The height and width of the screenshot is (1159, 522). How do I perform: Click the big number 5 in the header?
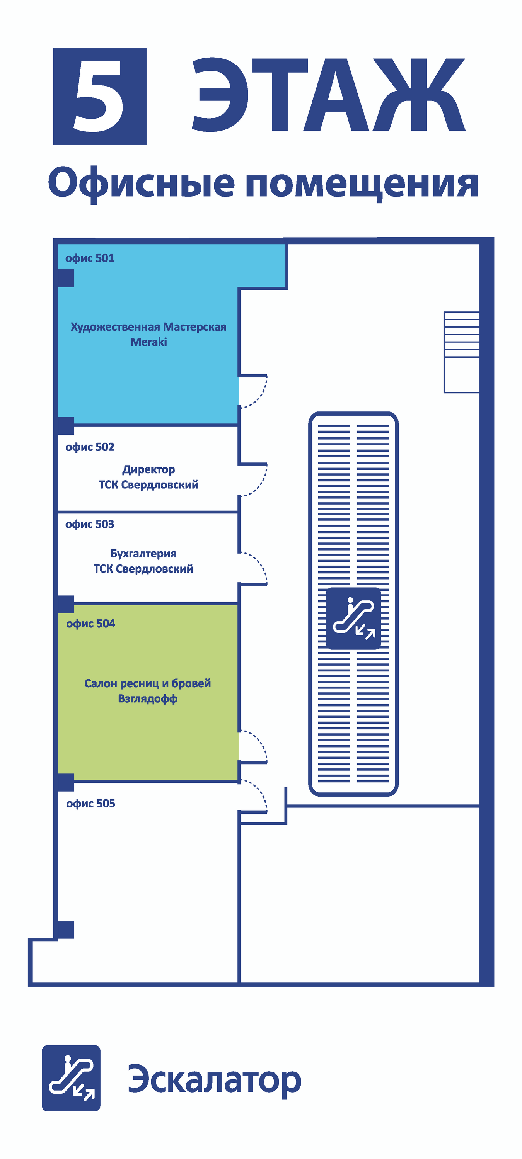pyautogui.click(x=100, y=96)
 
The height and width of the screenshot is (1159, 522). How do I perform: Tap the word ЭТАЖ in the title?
pyautogui.click(x=328, y=95)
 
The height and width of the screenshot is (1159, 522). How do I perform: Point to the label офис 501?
pyautogui.click(x=90, y=258)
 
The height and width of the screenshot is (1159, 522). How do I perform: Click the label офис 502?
pyautogui.click(x=90, y=447)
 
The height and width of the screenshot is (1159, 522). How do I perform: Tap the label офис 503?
pyautogui.click(x=90, y=524)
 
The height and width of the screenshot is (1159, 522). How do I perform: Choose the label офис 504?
pyautogui.click(x=90, y=624)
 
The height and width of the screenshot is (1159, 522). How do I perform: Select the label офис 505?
pyautogui.click(x=90, y=804)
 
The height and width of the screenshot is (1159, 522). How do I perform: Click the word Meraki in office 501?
pyautogui.click(x=148, y=342)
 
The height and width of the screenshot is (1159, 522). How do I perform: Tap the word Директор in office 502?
pyautogui.click(x=148, y=470)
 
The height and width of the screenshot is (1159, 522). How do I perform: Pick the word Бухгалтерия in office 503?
pyautogui.click(x=143, y=553)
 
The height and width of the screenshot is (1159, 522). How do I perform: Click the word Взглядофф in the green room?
pyautogui.click(x=148, y=699)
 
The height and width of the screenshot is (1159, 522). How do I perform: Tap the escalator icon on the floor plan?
pyautogui.click(x=353, y=618)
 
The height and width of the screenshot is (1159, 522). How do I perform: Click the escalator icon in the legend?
pyautogui.click(x=71, y=1077)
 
